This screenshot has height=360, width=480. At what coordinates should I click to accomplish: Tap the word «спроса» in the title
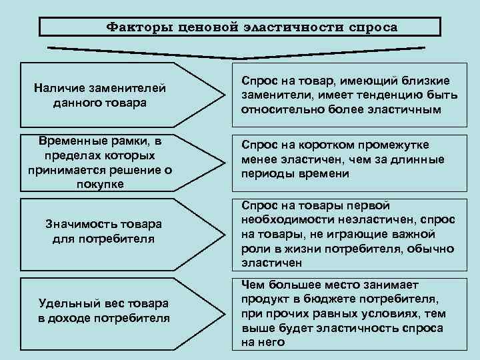tap(371, 27)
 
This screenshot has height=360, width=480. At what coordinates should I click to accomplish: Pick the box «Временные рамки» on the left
tap(100, 163)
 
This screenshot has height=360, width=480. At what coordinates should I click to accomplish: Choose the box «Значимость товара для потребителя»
tap(100, 231)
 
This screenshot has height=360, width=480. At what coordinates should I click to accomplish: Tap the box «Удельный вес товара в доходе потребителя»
tap(100, 310)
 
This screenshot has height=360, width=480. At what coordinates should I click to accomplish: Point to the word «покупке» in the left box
tap(100, 185)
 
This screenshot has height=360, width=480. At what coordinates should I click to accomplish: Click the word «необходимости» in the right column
tap(283, 220)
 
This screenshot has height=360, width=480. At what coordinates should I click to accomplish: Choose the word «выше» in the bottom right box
tap(257, 328)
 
